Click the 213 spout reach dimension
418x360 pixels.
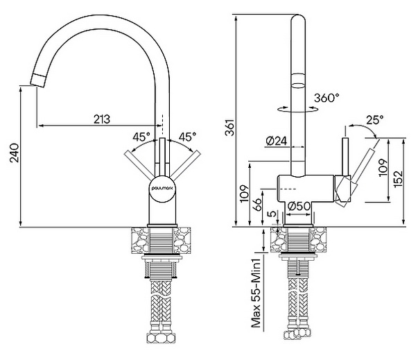tap(102, 119)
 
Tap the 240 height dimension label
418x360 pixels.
tap(15, 153)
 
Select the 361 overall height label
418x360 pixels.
tap(229, 128)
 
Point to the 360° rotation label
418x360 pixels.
tap(326, 98)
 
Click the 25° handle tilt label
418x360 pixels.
tap(375, 120)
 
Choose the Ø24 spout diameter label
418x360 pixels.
tap(276, 141)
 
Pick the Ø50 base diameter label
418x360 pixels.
tap(299, 206)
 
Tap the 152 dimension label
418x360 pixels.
tap(399, 178)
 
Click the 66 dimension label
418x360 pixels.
tap(257, 205)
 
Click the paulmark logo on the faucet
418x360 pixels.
tap(162, 188)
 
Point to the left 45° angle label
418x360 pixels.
tap(141, 137)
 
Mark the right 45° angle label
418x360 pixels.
tap(187, 137)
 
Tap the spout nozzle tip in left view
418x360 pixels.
tap(38, 80)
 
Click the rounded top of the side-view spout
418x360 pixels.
tap(299, 20)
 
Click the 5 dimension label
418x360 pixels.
tap(272, 214)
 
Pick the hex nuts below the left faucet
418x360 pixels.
tap(161, 338)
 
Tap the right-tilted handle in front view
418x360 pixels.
tap(186, 164)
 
